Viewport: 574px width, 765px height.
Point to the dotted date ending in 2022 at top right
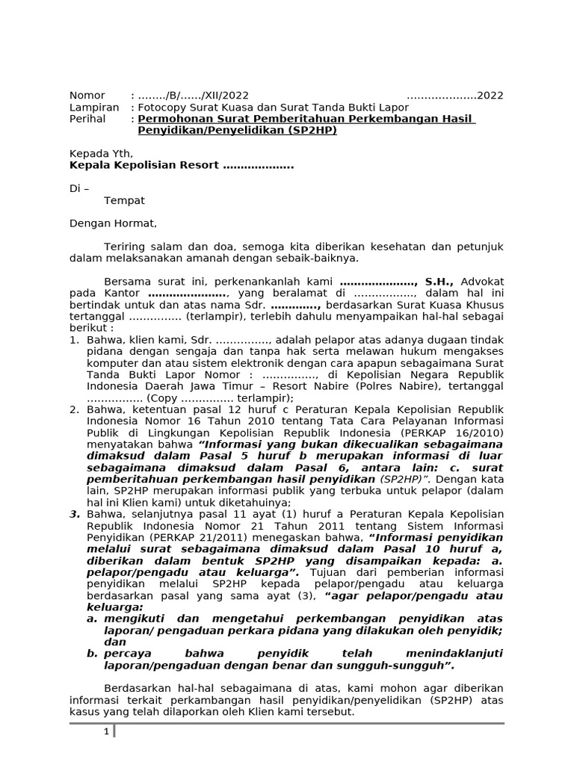(x=454, y=96)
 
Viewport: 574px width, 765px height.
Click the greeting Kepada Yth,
(x=101, y=154)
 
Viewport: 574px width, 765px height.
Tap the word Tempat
(x=124, y=200)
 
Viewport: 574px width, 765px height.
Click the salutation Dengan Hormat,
(x=114, y=223)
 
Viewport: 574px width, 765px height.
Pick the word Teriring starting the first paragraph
(x=124, y=247)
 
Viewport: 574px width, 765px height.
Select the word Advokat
(x=483, y=282)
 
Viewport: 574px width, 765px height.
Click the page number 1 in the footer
(x=107, y=731)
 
